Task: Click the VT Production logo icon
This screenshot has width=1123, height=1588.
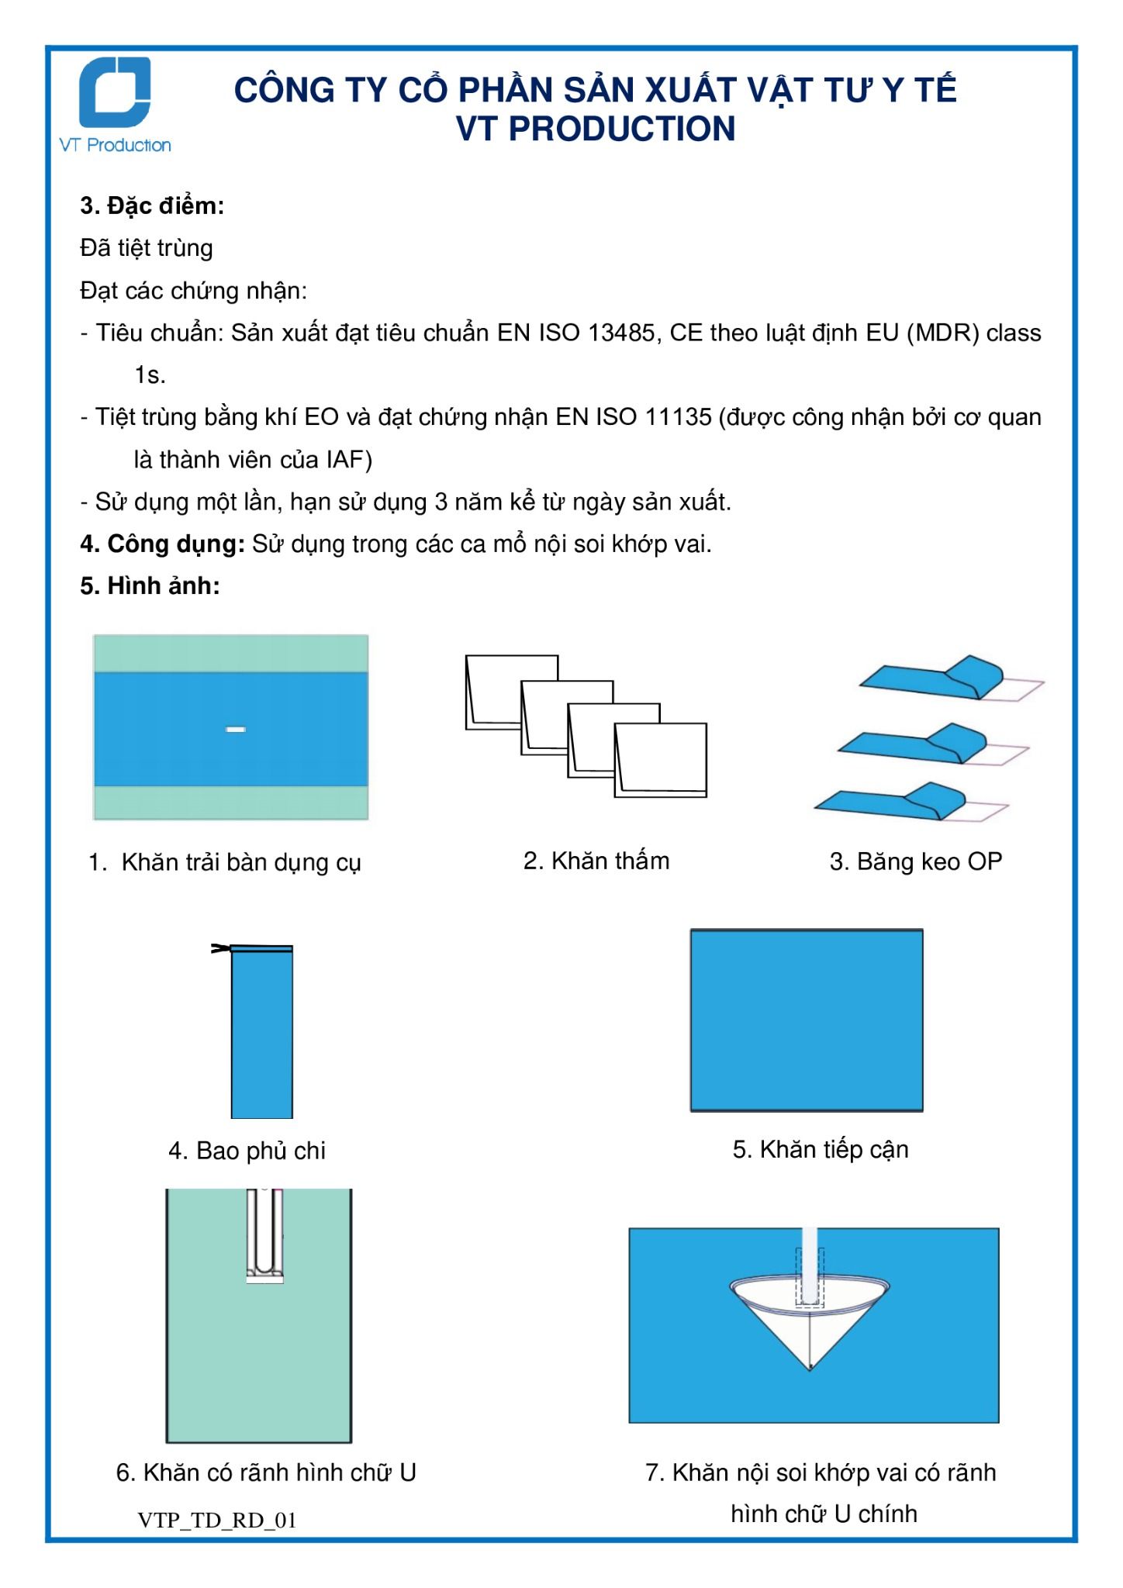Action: (x=116, y=92)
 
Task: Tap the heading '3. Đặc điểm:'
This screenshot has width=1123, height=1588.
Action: (x=152, y=206)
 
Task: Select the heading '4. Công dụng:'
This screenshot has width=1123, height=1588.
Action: (x=163, y=544)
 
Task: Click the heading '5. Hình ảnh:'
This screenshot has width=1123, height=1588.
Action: (x=150, y=586)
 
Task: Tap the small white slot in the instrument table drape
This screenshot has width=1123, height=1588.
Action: (x=235, y=729)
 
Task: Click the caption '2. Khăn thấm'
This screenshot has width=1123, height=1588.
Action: (x=596, y=861)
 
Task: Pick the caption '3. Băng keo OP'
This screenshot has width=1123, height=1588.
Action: (x=916, y=861)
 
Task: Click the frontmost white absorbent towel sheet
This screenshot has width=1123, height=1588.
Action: (x=661, y=760)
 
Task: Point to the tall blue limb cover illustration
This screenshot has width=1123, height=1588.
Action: (x=261, y=1032)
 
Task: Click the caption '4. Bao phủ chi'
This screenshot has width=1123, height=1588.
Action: (x=247, y=1151)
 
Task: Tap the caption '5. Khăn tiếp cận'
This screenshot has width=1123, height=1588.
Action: (x=821, y=1149)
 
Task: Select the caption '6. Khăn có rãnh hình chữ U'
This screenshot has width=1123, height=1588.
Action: (x=266, y=1472)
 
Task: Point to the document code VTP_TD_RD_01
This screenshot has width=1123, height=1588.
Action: (x=217, y=1521)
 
